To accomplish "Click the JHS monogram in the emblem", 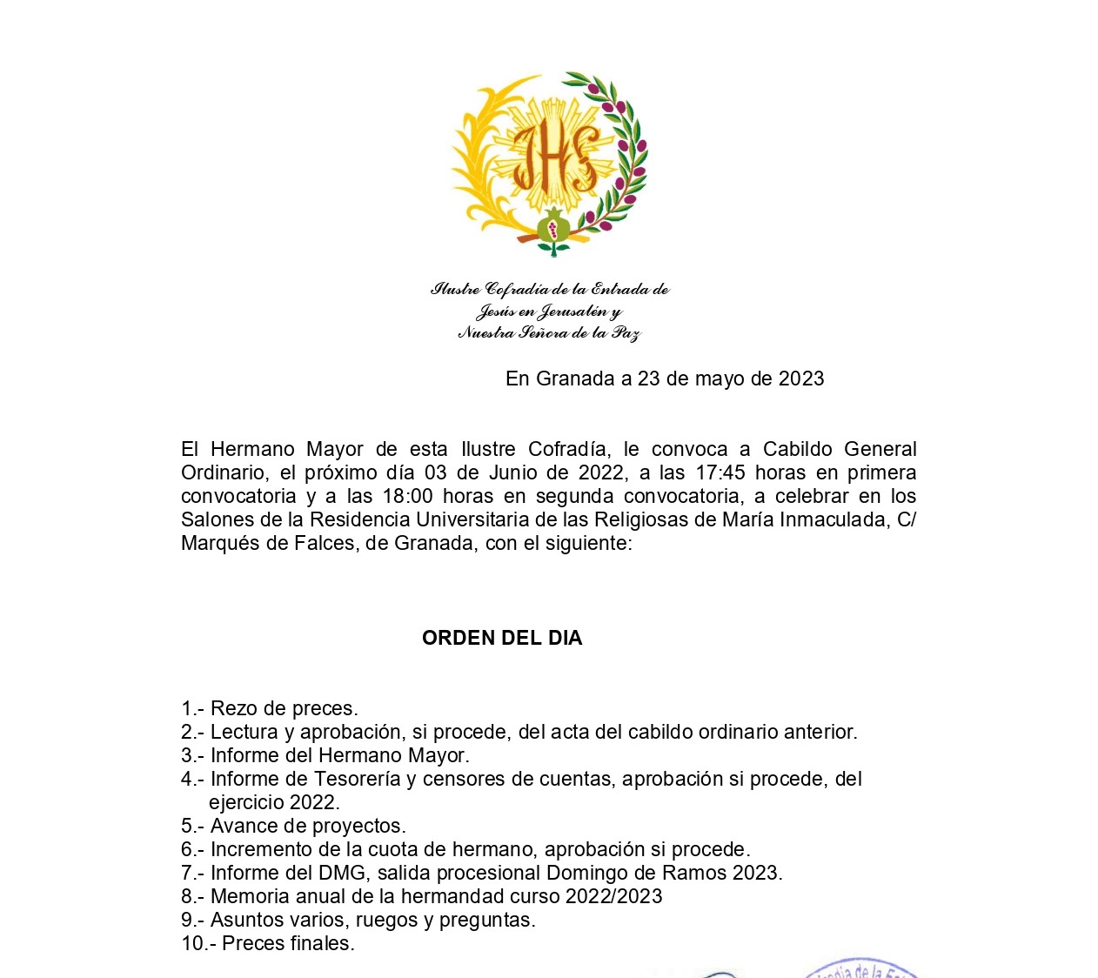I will coord(554,157).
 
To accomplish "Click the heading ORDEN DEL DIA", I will coord(502,638).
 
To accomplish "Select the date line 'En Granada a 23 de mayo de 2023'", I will coord(665,378).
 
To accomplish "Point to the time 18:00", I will coord(407,496).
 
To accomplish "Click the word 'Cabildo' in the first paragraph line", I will coord(797,449).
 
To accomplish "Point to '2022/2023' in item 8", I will coord(613,896).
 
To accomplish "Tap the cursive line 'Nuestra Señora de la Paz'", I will coord(549,333).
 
